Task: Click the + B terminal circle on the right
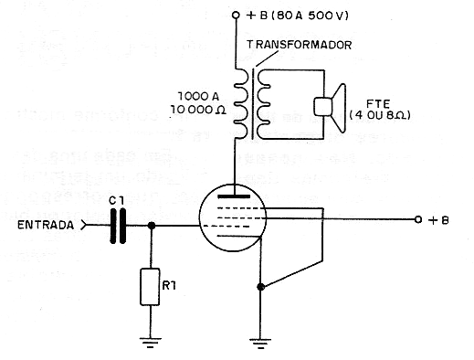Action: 417,219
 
